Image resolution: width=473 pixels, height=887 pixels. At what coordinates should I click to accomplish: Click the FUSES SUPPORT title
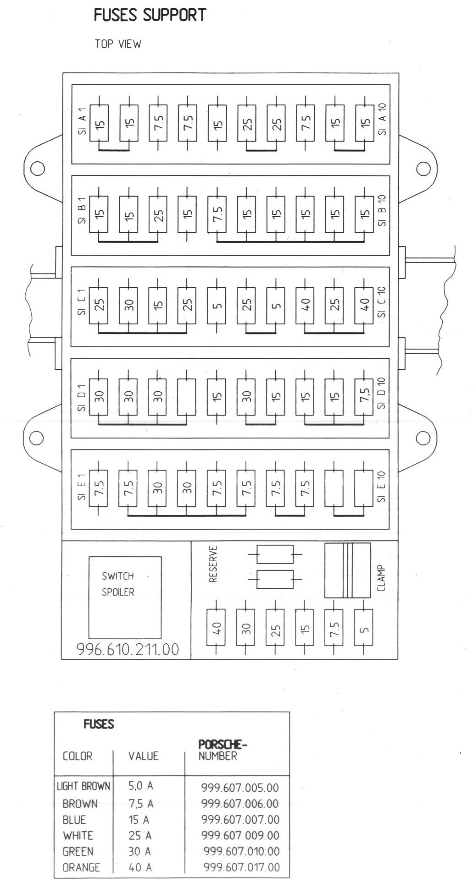click(x=150, y=15)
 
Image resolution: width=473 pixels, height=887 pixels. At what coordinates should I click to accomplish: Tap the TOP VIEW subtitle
click(x=118, y=44)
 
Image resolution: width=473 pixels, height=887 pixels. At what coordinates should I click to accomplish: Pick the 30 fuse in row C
click(x=128, y=304)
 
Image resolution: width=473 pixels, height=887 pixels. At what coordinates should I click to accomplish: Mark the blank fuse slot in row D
click(x=187, y=396)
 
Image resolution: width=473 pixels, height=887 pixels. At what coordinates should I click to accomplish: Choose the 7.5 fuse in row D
click(x=364, y=396)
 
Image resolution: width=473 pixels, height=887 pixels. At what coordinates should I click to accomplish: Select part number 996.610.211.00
click(x=128, y=649)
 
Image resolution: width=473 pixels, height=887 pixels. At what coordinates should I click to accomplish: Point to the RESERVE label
click(x=213, y=564)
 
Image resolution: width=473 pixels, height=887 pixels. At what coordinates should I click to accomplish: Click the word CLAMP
click(x=381, y=578)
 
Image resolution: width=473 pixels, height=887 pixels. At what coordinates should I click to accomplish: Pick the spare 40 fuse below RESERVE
click(x=217, y=627)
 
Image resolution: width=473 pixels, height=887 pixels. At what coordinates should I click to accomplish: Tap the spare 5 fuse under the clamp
click(x=364, y=627)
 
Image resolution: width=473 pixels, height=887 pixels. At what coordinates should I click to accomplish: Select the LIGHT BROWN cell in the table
click(x=83, y=786)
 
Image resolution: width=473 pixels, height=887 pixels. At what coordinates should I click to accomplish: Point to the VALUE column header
click(x=143, y=756)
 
